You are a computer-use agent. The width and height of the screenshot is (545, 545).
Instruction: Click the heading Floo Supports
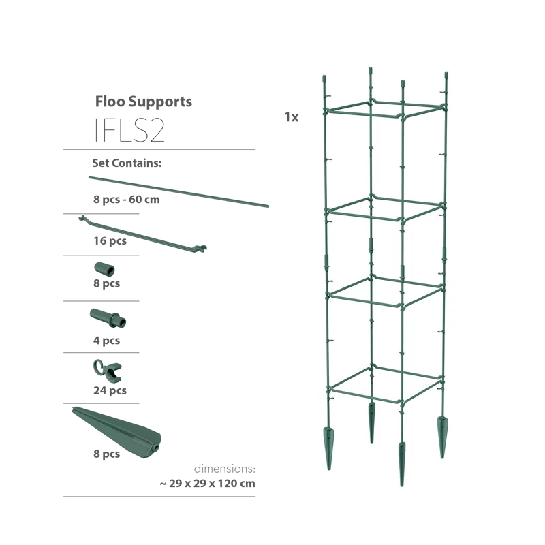144,102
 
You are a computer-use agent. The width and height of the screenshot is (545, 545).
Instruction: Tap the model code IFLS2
129,130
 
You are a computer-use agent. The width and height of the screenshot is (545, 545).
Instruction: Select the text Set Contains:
127,163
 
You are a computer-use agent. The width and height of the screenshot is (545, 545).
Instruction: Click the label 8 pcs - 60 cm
127,200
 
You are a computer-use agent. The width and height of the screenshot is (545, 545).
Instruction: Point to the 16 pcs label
110,241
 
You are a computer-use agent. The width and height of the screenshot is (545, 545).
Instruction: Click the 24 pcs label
110,390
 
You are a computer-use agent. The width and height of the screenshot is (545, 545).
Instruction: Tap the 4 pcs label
106,340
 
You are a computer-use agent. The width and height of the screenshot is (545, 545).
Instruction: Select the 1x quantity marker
292,117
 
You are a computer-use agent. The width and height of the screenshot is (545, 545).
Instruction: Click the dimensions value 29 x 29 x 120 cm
212,484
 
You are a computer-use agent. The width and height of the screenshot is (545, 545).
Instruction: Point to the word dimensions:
225,469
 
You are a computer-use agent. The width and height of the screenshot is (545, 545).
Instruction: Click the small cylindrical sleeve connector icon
104,269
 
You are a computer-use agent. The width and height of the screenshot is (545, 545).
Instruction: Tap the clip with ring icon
108,371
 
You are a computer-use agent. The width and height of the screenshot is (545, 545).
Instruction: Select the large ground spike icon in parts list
116,432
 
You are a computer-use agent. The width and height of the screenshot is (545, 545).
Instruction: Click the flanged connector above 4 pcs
108,317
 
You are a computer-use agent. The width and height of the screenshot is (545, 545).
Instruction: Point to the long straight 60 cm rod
178,192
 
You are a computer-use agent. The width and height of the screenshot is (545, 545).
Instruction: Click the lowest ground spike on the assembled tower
402,464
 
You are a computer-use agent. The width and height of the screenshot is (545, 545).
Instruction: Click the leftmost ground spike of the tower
328,448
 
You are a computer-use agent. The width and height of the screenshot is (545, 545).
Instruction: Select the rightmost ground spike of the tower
442,437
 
